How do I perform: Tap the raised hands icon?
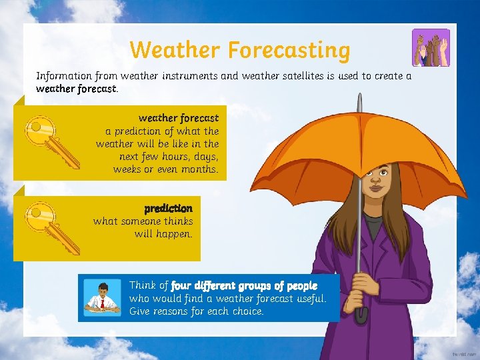tap(431, 47)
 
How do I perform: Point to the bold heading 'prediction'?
tap(169, 208)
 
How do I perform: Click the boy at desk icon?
tap(102, 297)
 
